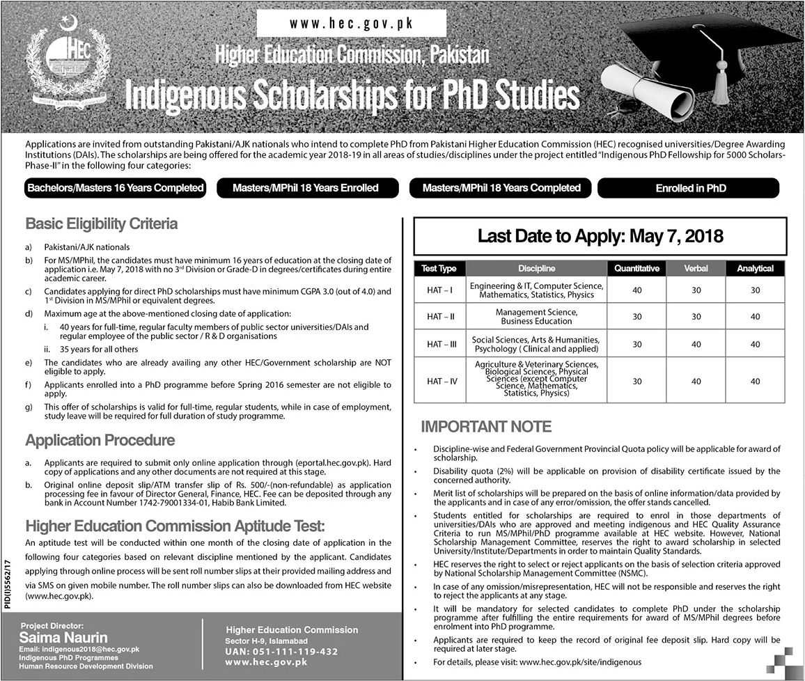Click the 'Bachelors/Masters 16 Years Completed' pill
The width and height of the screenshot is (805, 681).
click(116, 188)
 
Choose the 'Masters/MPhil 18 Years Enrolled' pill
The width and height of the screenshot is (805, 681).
click(306, 188)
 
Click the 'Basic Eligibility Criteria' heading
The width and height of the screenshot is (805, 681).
click(102, 224)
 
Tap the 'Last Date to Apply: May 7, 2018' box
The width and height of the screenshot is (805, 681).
click(600, 237)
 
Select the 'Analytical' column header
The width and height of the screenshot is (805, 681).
click(755, 268)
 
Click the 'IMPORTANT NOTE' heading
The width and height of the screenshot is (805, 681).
click(486, 426)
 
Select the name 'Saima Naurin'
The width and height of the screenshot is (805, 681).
click(64, 637)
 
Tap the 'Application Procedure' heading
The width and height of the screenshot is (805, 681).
click(100, 440)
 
